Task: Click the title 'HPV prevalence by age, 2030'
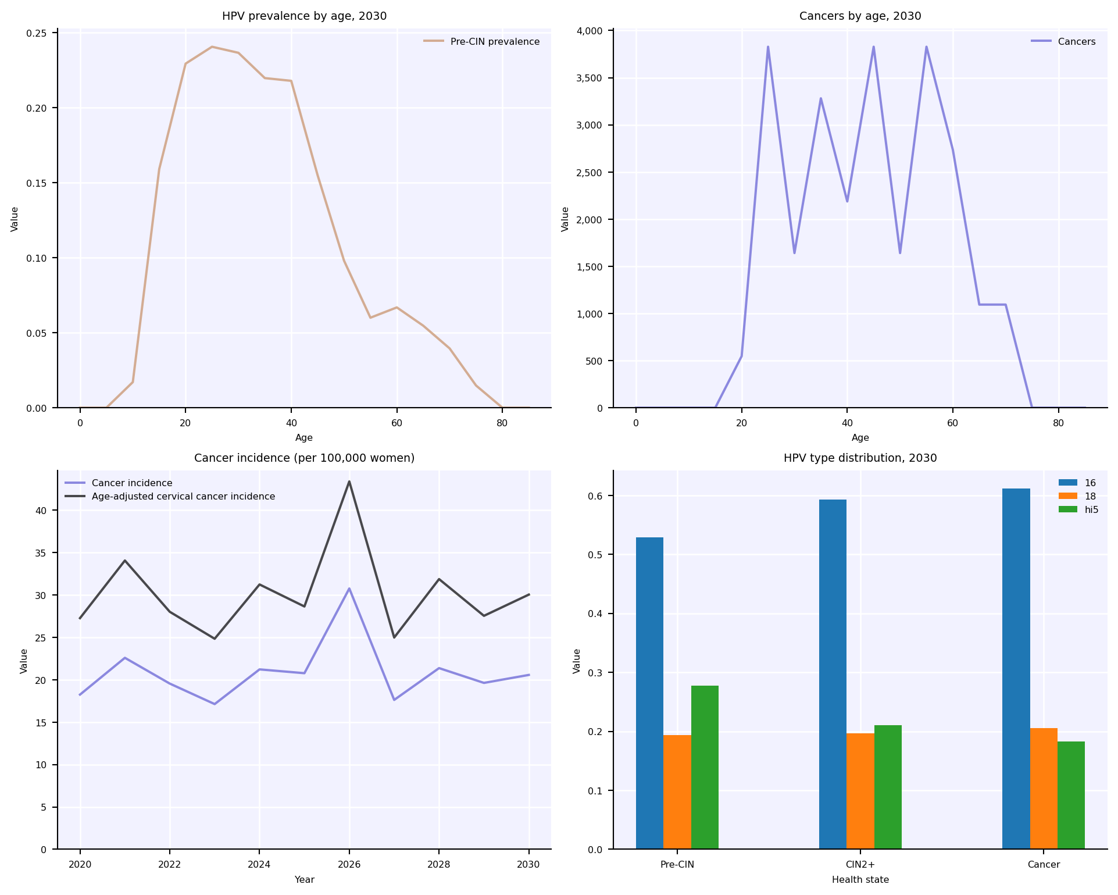[x=304, y=16]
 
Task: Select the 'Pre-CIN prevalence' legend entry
[x=495, y=42]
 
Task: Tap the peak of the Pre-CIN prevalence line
[x=212, y=47]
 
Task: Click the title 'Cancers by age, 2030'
[x=860, y=16]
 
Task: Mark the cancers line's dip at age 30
[x=794, y=253]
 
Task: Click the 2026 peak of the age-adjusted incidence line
[x=349, y=482]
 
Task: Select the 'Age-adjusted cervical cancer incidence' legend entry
[x=183, y=497]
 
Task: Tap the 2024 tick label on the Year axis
[x=259, y=865]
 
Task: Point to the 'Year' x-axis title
[x=304, y=880]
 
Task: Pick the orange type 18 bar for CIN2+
[x=860, y=791]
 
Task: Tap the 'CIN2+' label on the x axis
[x=860, y=865]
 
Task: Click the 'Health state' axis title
[x=860, y=880]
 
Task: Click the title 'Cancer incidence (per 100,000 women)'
[x=304, y=458]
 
